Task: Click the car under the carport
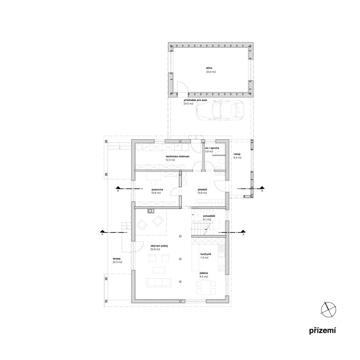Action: [220, 110]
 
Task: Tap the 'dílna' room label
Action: [209, 68]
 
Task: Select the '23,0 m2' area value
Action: [211, 72]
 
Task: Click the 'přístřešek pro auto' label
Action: [195, 100]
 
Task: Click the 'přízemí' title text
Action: [322, 331]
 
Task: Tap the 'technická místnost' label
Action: [177, 156]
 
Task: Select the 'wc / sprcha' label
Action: [212, 148]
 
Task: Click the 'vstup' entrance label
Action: [237, 154]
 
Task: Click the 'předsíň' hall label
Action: [202, 189]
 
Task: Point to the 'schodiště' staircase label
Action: [209, 216]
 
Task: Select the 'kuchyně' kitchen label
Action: [206, 254]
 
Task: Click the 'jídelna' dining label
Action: [204, 273]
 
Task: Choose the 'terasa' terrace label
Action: [117, 258]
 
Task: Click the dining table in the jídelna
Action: [206, 288]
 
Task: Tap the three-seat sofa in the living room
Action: [159, 282]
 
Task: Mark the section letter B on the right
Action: [262, 191]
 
